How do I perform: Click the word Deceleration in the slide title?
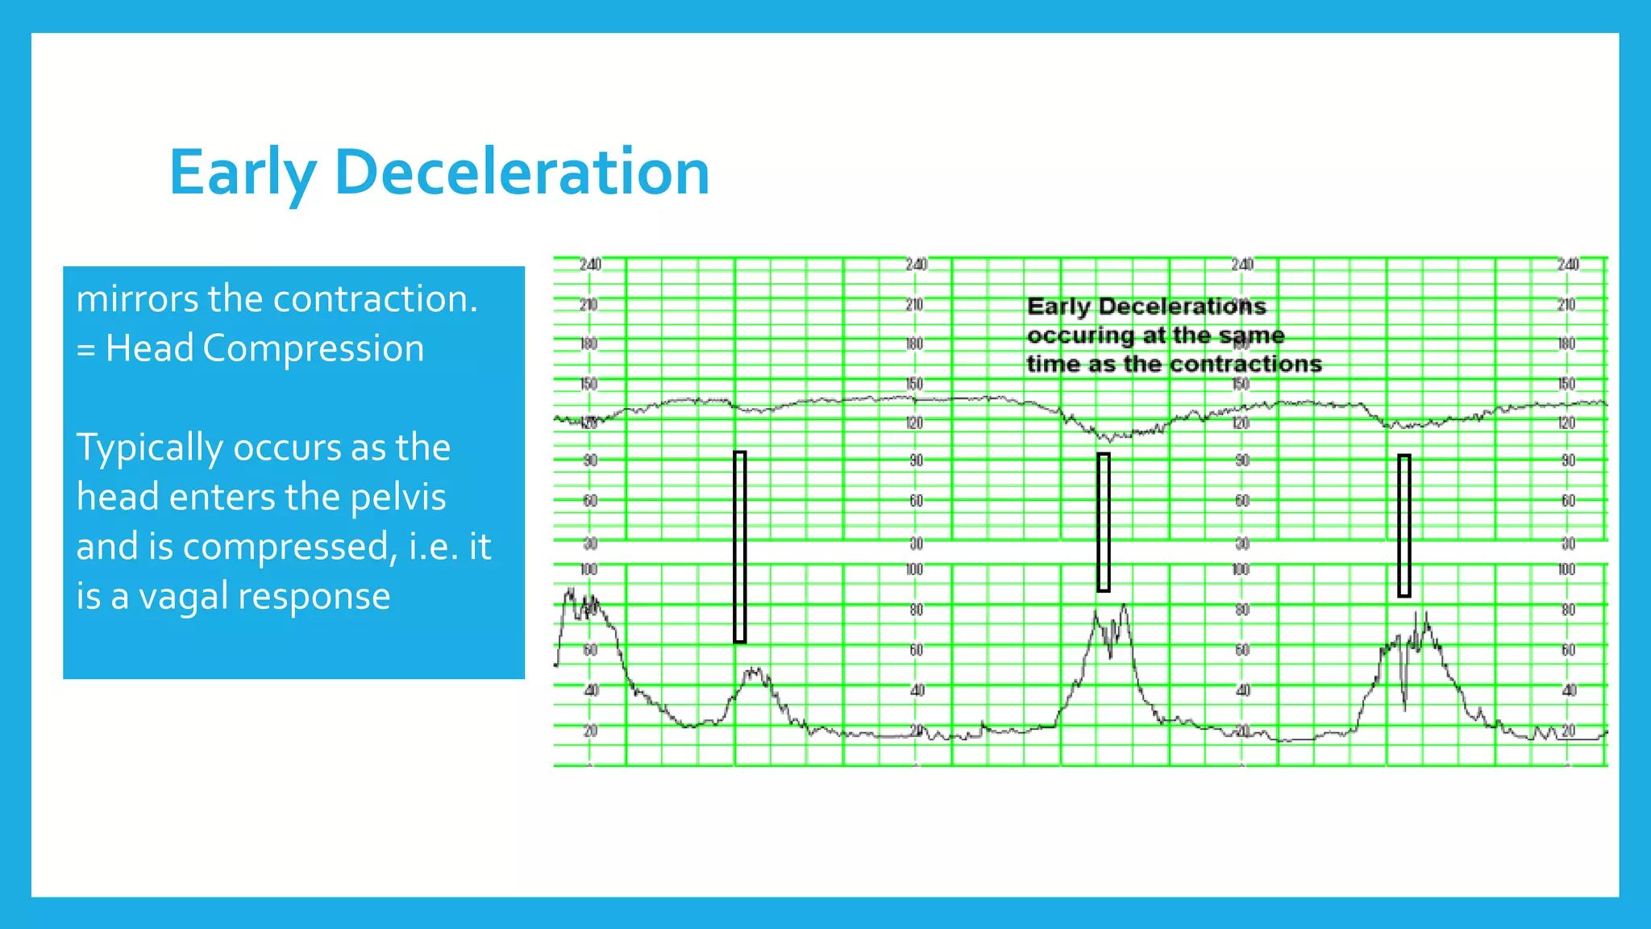(522, 173)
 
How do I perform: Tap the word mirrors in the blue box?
(137, 299)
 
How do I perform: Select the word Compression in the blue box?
(313, 348)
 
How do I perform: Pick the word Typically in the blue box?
(150, 448)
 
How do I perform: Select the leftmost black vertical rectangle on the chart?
(739, 547)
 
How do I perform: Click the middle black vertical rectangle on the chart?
(1104, 522)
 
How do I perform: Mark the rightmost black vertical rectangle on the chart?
(1404, 526)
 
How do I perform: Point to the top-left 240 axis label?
(590, 265)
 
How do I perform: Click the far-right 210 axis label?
(1566, 305)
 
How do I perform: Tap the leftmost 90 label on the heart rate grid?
(590, 460)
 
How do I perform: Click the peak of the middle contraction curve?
(1124, 606)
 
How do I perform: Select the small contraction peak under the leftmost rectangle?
(755, 670)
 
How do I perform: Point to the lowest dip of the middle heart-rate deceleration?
(1111, 440)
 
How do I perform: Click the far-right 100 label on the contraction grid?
(1566, 569)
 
